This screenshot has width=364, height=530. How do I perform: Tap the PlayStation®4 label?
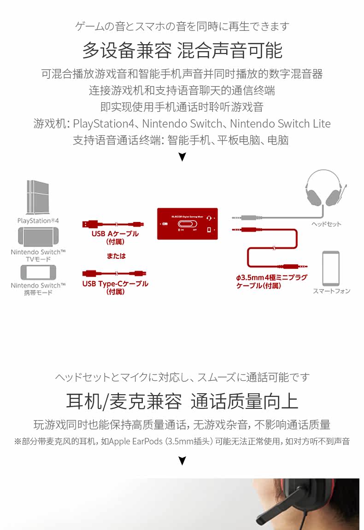click(x=38, y=221)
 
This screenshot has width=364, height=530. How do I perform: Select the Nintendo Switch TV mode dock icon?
click(x=38, y=236)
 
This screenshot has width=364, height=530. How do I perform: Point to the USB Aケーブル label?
click(x=115, y=234)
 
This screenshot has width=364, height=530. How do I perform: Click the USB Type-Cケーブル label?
click(x=115, y=284)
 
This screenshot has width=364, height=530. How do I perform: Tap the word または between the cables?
click(x=115, y=256)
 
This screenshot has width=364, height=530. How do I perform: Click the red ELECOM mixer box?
click(x=188, y=223)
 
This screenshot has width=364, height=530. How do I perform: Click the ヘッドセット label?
click(x=326, y=224)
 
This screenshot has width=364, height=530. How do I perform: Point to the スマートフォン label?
click(x=331, y=291)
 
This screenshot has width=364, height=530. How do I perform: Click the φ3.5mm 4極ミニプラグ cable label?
click(x=271, y=281)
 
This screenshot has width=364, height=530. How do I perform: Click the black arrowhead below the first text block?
click(x=182, y=157)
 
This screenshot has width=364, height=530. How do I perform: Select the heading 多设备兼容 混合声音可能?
click(x=182, y=50)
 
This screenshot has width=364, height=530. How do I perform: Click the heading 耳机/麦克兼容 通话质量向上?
click(x=182, y=401)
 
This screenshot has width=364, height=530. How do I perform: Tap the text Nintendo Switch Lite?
click(x=280, y=124)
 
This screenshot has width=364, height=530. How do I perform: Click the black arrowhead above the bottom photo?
click(x=182, y=460)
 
